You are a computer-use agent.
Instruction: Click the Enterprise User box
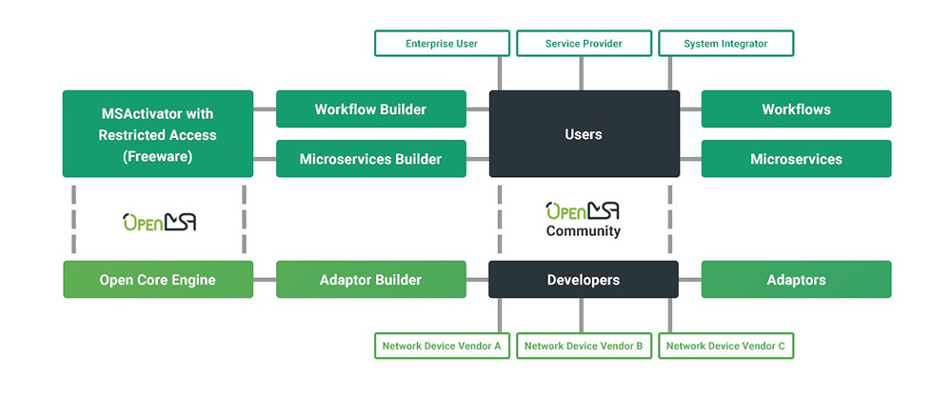(x=442, y=44)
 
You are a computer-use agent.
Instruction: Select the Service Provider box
(x=584, y=44)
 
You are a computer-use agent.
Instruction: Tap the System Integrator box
(x=725, y=44)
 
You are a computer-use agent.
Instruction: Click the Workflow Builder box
(x=370, y=109)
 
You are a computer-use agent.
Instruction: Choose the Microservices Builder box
(x=370, y=159)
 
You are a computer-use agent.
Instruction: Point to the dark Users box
(x=584, y=134)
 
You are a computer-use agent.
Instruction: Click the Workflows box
(x=796, y=109)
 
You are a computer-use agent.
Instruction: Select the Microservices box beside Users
(x=796, y=159)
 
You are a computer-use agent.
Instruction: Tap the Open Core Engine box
(x=158, y=280)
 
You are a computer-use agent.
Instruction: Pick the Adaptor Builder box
(x=370, y=280)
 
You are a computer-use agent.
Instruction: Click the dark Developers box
(x=584, y=280)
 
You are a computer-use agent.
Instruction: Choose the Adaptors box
(x=796, y=280)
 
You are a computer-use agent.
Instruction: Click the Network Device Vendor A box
(x=442, y=346)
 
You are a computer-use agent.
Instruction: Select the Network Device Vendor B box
(x=584, y=346)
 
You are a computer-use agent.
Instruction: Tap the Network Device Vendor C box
(x=725, y=346)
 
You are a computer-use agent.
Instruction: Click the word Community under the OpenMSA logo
(x=584, y=231)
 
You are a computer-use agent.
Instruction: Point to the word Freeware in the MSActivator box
(x=158, y=157)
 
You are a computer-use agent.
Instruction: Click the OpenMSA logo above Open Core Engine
(x=159, y=222)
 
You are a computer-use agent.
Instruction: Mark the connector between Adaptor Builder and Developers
(x=478, y=280)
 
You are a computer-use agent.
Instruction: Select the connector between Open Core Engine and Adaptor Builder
(x=265, y=280)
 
